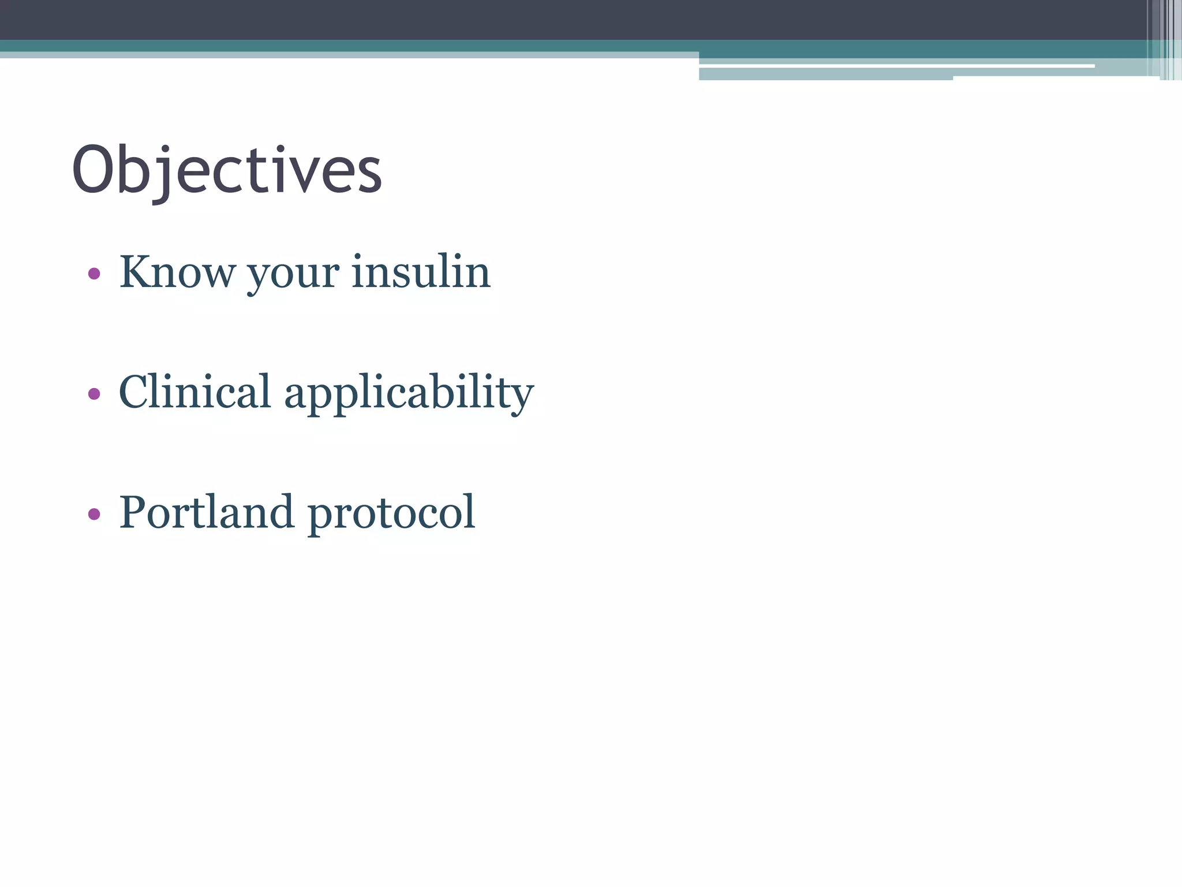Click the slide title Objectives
(226, 171)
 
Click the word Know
(177, 271)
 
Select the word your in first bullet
(293, 274)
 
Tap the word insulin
(421, 271)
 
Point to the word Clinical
(194, 392)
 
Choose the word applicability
(409, 394)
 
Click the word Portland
(206, 512)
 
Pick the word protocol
(391, 514)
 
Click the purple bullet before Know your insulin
(94, 273)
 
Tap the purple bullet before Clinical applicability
(94, 394)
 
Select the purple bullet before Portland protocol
(94, 513)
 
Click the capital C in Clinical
(137, 392)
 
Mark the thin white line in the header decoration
(895, 66)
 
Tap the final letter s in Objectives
(369, 176)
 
